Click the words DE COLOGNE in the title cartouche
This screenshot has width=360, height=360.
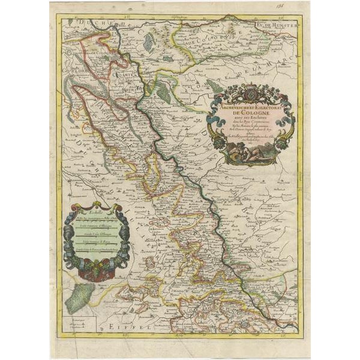tap(248, 112)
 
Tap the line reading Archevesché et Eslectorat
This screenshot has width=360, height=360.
tap(248, 103)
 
